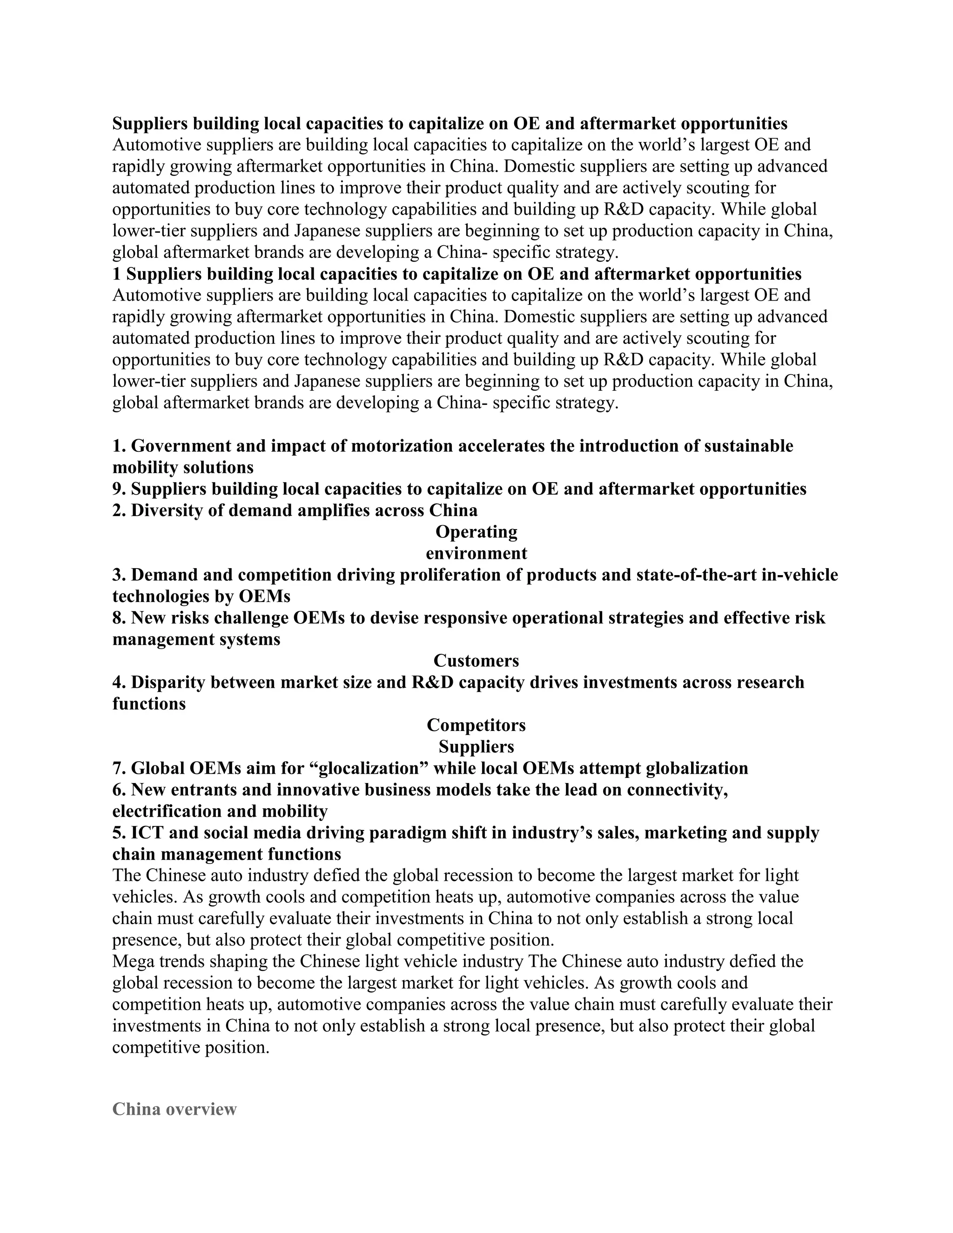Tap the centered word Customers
pyautogui.click(x=476, y=661)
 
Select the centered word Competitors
pyautogui.click(x=476, y=725)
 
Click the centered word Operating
pyautogui.click(x=476, y=532)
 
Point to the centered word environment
pyautogui.click(x=476, y=553)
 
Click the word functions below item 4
pyautogui.click(x=148, y=704)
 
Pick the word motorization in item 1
pyautogui.click(x=402, y=446)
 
